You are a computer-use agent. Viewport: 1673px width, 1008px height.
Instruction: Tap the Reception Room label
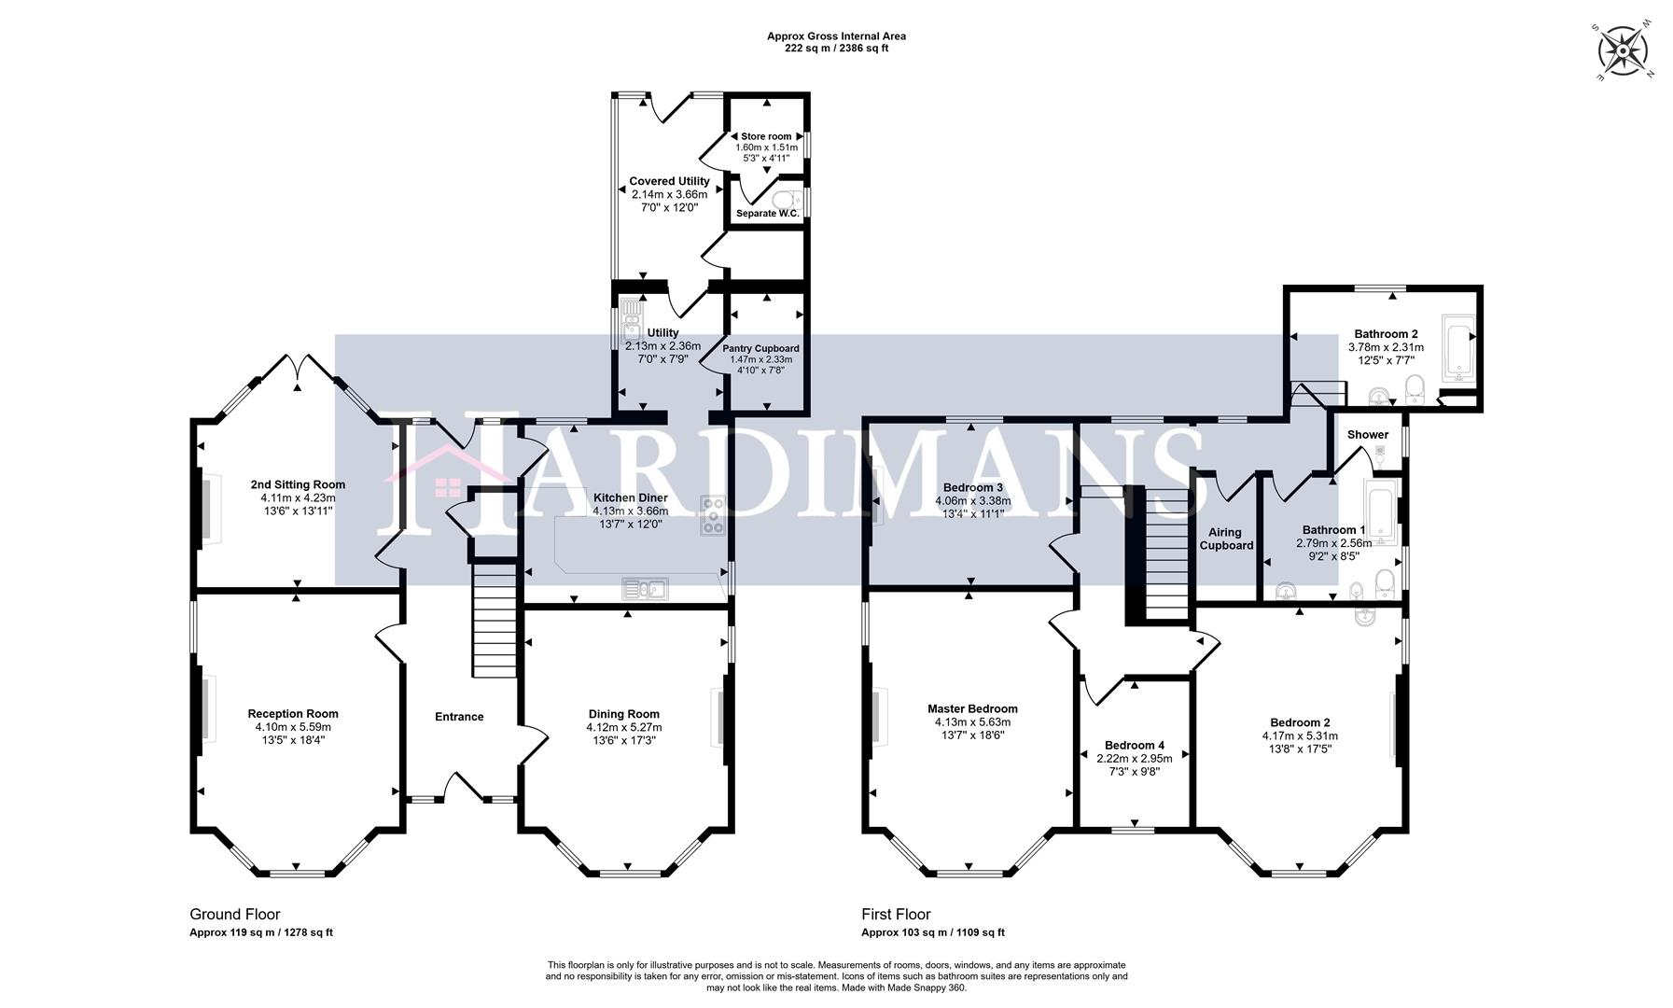point(293,714)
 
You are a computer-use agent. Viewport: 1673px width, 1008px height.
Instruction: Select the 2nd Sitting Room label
point(298,484)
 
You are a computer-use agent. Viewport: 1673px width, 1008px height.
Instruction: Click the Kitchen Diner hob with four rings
point(714,516)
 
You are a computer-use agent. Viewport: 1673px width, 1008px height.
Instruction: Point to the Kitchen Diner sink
point(645,588)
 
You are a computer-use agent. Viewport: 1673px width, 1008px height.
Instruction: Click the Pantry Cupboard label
point(760,348)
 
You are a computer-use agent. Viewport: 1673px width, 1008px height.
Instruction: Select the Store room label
point(766,136)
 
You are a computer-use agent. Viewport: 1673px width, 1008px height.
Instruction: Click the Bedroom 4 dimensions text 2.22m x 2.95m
point(1135,759)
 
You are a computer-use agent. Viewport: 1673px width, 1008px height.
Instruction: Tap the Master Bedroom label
point(972,708)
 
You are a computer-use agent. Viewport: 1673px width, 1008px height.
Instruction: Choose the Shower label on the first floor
point(1367,435)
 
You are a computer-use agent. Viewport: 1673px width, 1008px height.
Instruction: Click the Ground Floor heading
point(234,915)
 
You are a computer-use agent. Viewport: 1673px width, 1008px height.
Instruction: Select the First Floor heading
point(896,915)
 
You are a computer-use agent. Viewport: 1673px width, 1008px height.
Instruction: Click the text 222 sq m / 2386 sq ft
point(836,49)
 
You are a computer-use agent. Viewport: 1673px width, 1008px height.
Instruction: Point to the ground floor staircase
point(494,620)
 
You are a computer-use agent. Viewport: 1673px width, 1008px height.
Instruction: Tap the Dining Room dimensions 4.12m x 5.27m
point(623,727)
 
